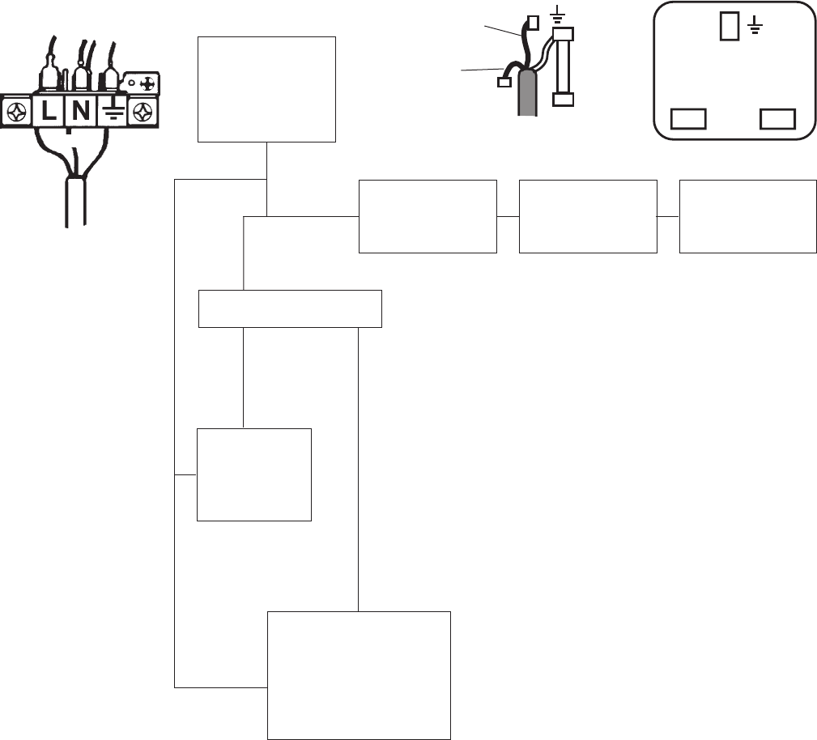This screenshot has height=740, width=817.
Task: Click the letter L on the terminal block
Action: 49,111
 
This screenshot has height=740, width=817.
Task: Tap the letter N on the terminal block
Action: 80,111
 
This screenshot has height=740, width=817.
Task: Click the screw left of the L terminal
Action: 15,112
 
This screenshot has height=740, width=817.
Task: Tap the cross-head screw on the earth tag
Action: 147,83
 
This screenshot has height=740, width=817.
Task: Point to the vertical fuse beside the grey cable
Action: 563,67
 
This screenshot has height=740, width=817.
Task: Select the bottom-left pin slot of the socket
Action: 689,120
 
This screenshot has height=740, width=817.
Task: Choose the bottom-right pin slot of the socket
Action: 775,120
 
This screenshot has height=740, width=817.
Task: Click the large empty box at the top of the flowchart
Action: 266,89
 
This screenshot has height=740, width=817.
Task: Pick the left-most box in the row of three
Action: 427,216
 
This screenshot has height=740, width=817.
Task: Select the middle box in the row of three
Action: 587,216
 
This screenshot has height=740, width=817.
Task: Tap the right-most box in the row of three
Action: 747,216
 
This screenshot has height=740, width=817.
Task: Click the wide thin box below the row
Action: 290,308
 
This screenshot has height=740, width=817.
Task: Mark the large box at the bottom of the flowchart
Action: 358,674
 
